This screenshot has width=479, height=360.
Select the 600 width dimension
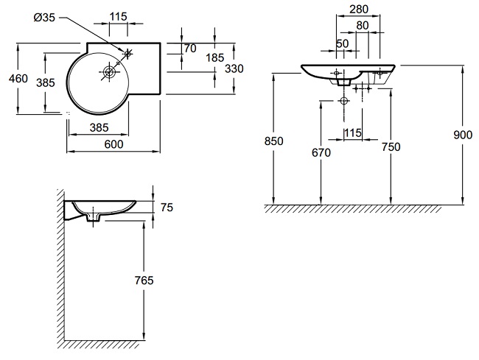point(113,145)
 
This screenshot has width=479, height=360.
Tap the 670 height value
point(321,152)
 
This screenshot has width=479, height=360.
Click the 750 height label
point(391,147)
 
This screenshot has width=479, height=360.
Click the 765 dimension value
point(144,280)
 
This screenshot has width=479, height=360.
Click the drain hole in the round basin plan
point(109,72)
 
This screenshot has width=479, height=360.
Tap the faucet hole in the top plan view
point(127,53)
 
